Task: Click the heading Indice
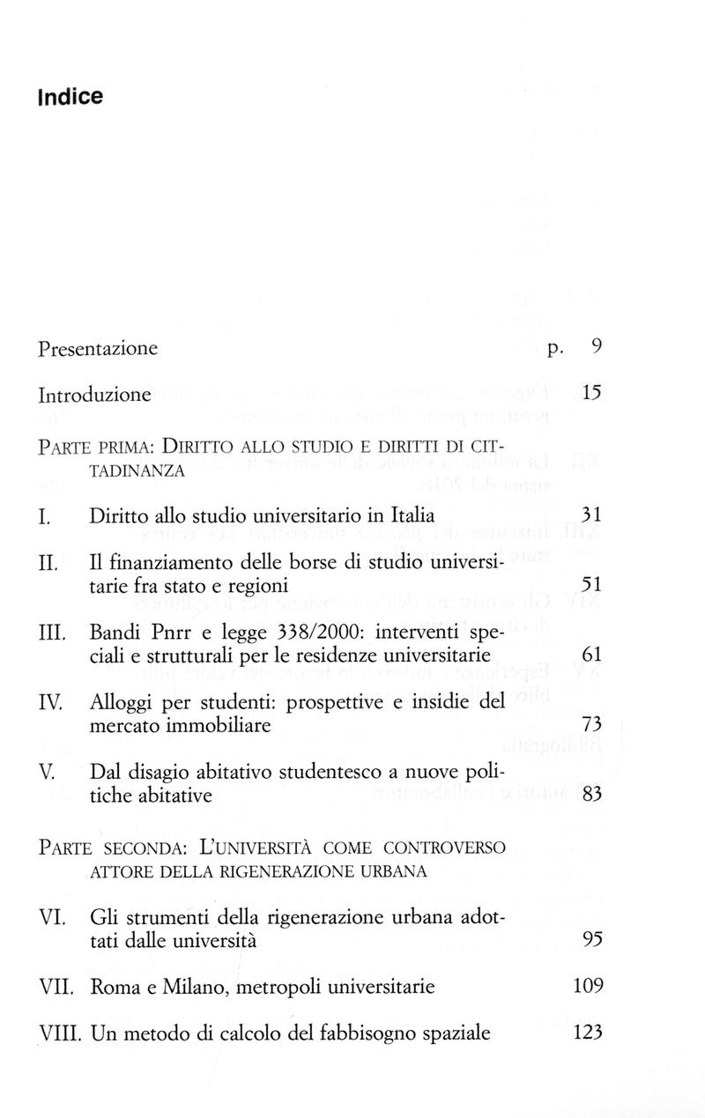click(70, 96)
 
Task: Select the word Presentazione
click(98, 349)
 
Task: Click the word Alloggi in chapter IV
click(122, 702)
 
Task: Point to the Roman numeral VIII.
click(61, 1033)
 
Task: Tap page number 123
click(587, 1033)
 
